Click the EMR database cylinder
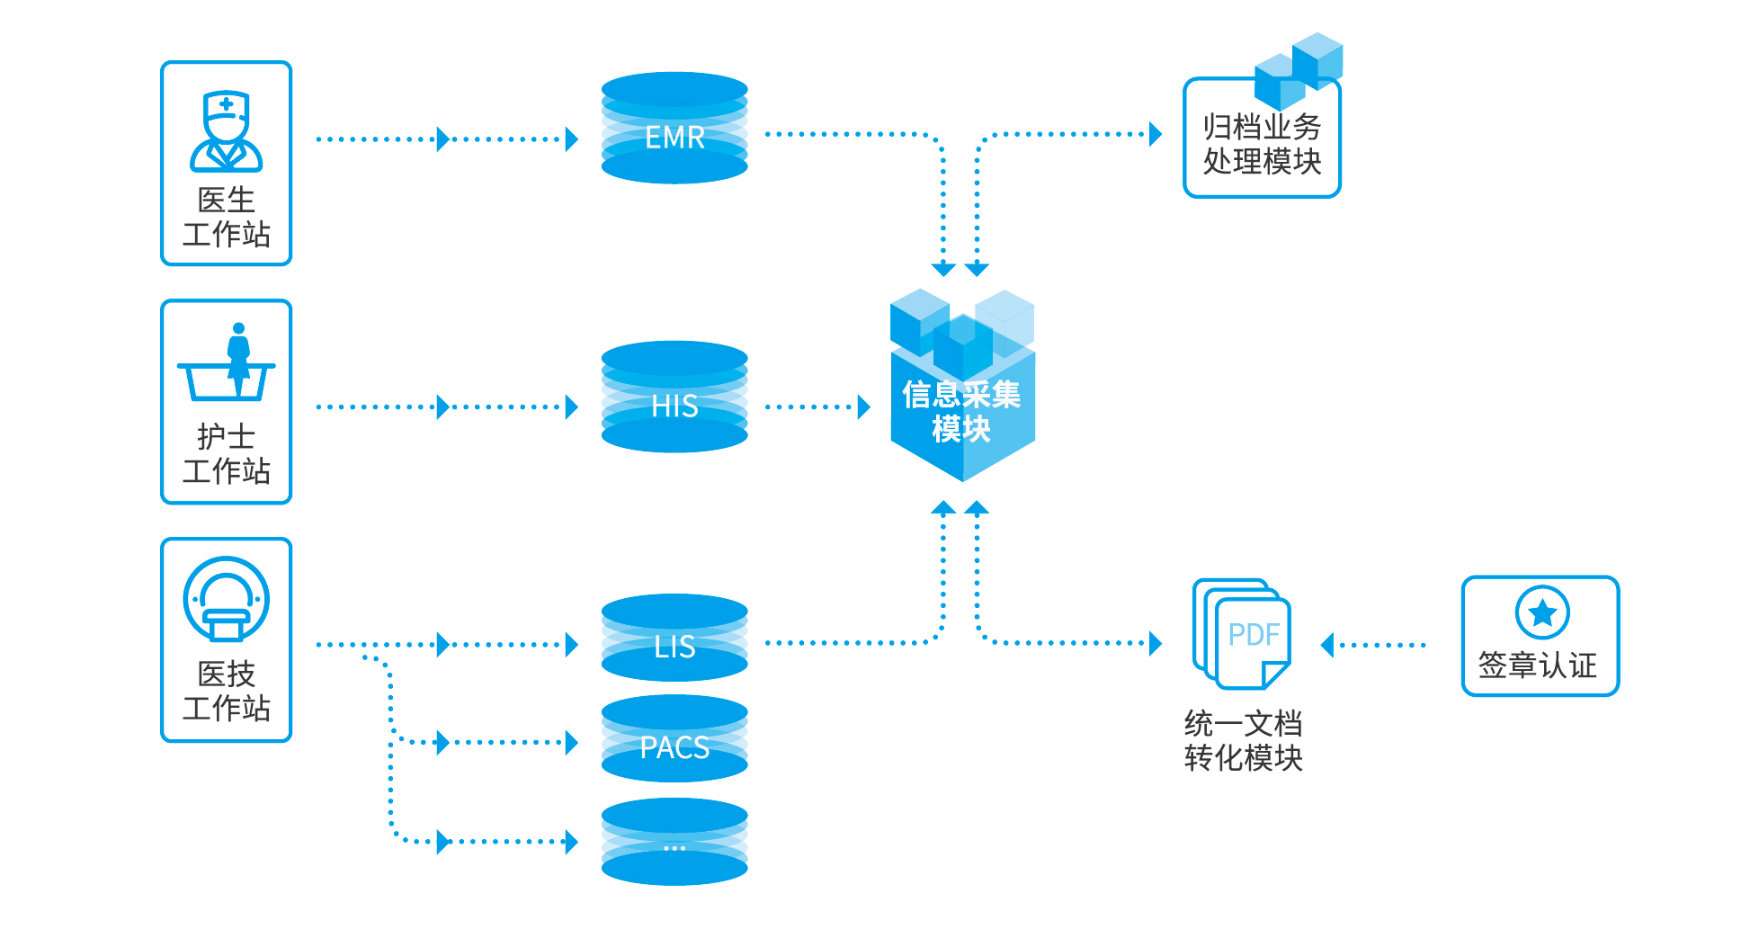click(674, 129)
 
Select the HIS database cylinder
click(674, 397)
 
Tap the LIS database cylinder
click(674, 638)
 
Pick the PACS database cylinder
click(674, 739)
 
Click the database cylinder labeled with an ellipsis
click(674, 843)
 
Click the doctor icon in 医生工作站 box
click(226, 131)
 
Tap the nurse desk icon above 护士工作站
click(227, 363)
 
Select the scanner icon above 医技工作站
click(226, 599)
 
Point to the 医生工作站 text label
click(226, 217)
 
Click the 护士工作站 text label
click(226, 454)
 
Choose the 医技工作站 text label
click(226, 691)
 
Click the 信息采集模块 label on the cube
click(961, 412)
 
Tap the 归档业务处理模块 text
click(1262, 144)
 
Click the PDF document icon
click(1243, 634)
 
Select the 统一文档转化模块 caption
click(1243, 741)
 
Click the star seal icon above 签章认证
click(1541, 612)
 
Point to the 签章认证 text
click(1538, 665)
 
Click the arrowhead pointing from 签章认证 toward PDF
click(1327, 645)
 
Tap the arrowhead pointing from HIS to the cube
click(864, 407)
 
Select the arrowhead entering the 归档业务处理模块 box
click(1156, 135)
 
